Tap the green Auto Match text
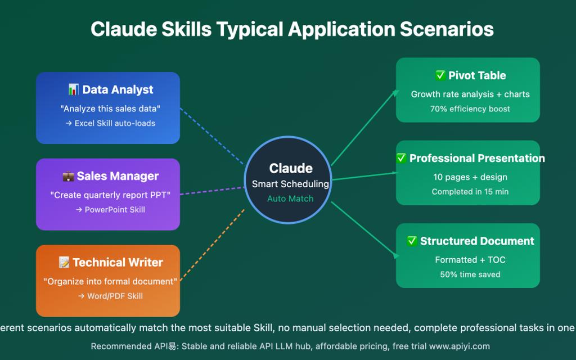(x=290, y=199)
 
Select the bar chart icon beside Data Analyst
(x=73, y=89)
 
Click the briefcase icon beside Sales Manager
(x=68, y=176)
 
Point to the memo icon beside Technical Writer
(x=64, y=263)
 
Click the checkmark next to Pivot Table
(x=440, y=75)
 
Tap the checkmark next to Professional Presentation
(x=401, y=158)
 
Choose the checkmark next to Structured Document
(x=412, y=241)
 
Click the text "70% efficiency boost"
(x=470, y=109)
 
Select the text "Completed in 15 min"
(x=470, y=192)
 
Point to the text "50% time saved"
(x=470, y=274)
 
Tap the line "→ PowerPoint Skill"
(x=110, y=209)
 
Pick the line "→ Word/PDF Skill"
(x=110, y=296)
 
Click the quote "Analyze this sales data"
(x=110, y=109)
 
